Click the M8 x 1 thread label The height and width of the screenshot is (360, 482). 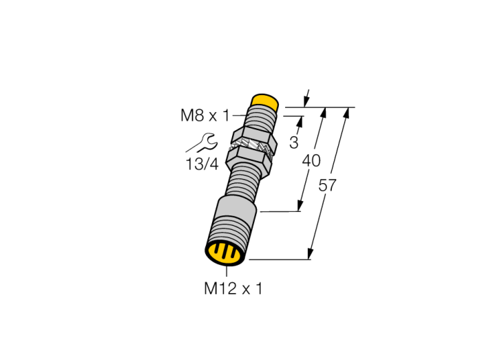205,116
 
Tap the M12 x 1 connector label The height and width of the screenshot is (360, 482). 233,288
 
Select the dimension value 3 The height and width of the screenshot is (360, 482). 294,143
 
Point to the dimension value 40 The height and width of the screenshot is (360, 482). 311,160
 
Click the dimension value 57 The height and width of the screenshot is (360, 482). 327,186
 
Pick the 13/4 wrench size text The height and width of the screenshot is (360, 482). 202,164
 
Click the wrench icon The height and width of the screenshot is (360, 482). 202,142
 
